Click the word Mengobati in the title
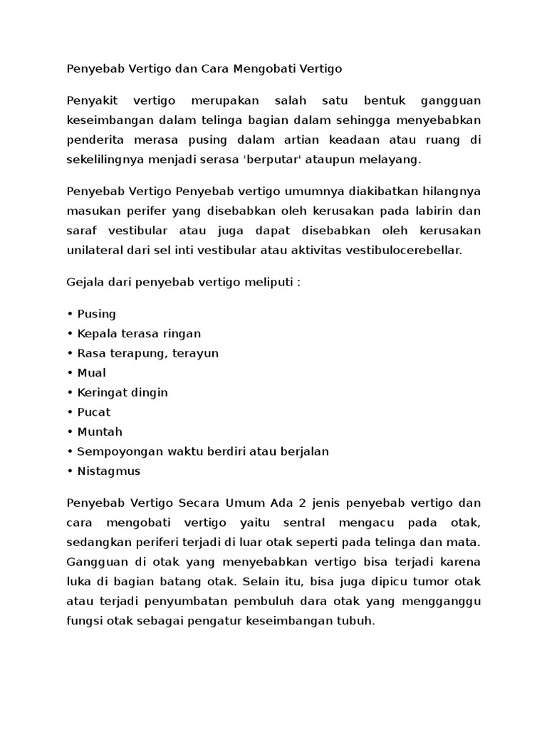(261, 69)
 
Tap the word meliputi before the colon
(271, 283)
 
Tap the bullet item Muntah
(100, 431)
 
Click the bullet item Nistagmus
(109, 471)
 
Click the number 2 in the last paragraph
(302, 503)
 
